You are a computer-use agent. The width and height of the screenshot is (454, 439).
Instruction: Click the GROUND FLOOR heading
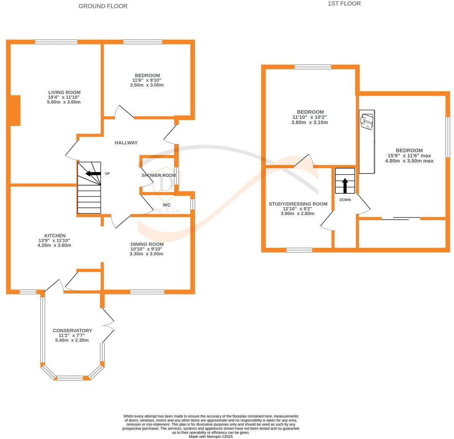pyautogui.click(x=103, y=6)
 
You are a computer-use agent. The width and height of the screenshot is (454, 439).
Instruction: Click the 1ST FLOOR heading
pyautogui.click(x=344, y=4)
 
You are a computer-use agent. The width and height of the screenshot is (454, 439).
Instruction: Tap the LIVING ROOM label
pyautogui.click(x=64, y=92)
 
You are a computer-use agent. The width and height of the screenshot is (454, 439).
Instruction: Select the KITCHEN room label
pyautogui.click(x=55, y=236)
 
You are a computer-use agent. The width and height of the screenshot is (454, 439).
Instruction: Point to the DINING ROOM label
pyautogui.click(x=147, y=244)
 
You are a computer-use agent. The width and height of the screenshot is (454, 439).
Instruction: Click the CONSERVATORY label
pyautogui.click(x=72, y=331)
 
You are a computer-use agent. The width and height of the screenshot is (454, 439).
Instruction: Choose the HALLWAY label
pyautogui.click(x=126, y=143)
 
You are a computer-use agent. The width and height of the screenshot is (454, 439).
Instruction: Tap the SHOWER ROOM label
pyautogui.click(x=158, y=175)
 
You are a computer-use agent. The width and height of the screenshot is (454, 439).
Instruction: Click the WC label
pyautogui.click(x=167, y=205)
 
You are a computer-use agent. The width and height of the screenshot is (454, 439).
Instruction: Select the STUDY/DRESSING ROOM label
pyautogui.click(x=298, y=204)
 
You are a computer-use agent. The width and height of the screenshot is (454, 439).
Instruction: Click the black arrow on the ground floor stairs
pyautogui.click(x=93, y=173)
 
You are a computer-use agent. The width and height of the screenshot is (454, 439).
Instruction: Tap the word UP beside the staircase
pyautogui.click(x=107, y=174)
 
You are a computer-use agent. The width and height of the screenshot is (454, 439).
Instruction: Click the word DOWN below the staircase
pyautogui.click(x=345, y=200)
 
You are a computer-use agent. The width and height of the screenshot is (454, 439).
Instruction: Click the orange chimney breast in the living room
pyautogui.click(x=15, y=110)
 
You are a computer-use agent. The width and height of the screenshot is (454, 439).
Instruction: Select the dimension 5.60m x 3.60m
pyautogui.click(x=64, y=102)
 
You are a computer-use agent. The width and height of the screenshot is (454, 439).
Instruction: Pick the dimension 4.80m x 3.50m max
pyautogui.click(x=409, y=161)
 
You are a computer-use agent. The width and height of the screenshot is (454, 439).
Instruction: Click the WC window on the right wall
pyautogui.click(x=192, y=204)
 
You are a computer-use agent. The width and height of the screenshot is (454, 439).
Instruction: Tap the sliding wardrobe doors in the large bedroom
pyautogui.click(x=401, y=219)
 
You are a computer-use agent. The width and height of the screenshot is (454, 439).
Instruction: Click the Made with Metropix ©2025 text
pyautogui.click(x=211, y=437)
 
